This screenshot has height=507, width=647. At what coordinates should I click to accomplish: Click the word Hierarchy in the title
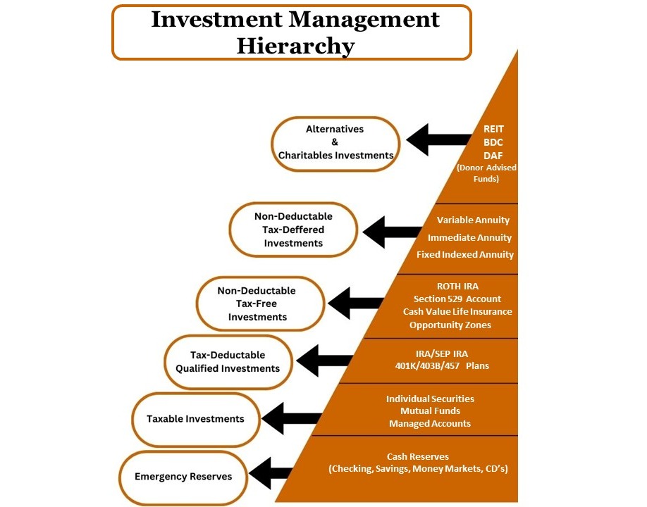[x=295, y=45]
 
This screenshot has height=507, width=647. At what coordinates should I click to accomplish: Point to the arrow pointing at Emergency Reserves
[x=271, y=472]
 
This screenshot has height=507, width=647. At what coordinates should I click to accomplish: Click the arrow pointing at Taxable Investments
[x=292, y=418]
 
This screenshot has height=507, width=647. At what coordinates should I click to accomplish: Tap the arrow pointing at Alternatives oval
[x=439, y=139]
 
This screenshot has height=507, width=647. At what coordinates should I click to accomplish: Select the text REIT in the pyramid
[x=493, y=129]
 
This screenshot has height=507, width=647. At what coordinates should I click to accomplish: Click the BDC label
[x=493, y=142]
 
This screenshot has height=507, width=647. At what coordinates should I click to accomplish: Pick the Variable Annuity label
[x=473, y=220]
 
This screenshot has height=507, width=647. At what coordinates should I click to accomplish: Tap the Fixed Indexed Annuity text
[x=465, y=254]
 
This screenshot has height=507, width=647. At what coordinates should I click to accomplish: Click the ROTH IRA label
[x=457, y=286]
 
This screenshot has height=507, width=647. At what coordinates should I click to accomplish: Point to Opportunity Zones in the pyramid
[x=450, y=325]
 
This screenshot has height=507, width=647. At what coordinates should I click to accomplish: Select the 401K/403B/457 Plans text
[x=442, y=365]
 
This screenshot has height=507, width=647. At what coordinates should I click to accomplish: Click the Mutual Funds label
[x=430, y=411]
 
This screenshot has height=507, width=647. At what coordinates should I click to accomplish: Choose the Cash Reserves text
[x=417, y=456]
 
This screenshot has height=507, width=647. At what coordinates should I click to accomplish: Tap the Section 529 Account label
[x=457, y=299]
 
